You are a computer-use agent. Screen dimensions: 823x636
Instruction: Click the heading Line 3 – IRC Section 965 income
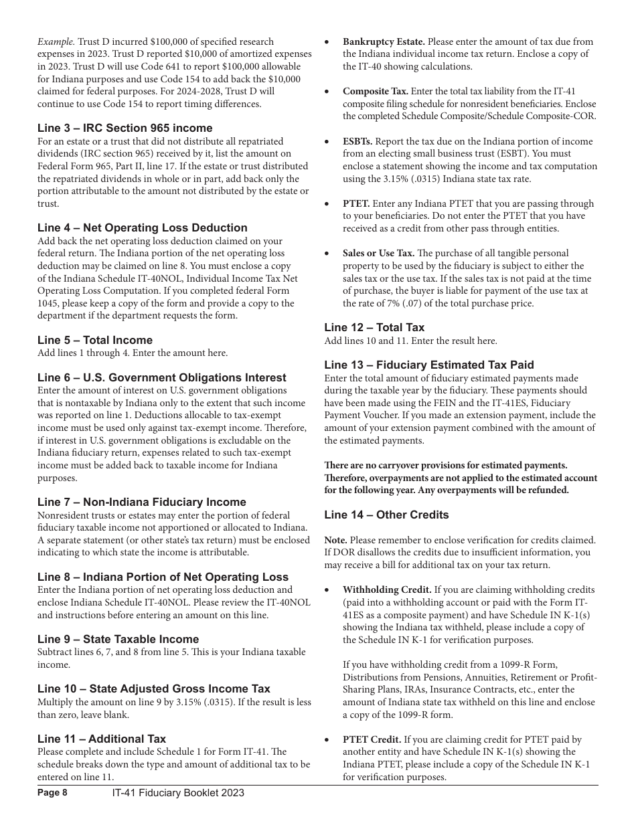125,128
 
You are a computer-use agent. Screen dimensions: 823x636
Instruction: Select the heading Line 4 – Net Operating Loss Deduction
142,227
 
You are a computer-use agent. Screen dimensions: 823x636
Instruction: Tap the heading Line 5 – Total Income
94,340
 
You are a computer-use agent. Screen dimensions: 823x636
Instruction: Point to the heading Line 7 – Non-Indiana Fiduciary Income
141,502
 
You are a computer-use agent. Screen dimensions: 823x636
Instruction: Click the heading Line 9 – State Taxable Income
118,639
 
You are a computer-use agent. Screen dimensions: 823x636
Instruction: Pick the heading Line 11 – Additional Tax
101,739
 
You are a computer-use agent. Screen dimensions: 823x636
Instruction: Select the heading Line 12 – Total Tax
374,327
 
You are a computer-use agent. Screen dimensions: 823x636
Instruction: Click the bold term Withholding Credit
387,589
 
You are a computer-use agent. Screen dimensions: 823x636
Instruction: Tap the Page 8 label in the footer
52,793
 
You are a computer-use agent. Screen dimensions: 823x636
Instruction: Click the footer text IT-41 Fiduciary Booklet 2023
177,793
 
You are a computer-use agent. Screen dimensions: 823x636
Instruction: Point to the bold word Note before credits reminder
335,540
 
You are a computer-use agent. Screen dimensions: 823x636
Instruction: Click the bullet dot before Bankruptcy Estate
327,41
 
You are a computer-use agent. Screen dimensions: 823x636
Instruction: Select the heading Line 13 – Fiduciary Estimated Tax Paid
428,365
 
